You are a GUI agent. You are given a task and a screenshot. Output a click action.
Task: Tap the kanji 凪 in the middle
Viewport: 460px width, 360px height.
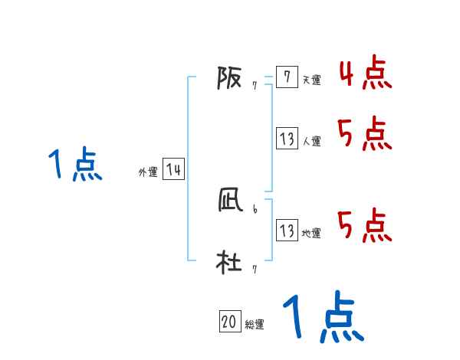coord(229,201)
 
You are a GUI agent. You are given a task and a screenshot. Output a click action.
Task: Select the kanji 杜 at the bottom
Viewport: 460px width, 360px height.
coord(228,263)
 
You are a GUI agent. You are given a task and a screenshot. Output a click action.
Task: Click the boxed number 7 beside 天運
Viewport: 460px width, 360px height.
coord(286,77)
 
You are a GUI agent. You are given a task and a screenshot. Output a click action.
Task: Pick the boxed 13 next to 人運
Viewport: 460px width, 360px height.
coord(287,139)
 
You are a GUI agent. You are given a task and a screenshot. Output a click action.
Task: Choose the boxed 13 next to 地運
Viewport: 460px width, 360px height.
coord(287,231)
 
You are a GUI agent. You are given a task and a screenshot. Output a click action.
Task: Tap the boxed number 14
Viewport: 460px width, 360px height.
coord(173,170)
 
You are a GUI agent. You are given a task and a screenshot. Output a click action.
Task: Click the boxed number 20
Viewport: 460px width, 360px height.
coord(229,322)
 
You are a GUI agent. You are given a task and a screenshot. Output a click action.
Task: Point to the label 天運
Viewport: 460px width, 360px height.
coord(311,80)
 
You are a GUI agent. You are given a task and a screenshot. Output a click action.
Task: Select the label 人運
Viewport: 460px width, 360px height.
coord(311,141)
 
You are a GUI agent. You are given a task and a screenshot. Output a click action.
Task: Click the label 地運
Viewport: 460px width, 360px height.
coord(311,233)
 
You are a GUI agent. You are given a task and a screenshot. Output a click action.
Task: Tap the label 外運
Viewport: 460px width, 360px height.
coord(148,172)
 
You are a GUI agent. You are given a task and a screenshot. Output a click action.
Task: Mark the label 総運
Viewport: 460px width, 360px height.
coord(255,325)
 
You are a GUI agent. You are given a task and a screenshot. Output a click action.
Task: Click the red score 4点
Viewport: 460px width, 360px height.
coord(365,73)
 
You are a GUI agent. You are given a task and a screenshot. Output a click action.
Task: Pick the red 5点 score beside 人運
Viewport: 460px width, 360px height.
coord(365,135)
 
